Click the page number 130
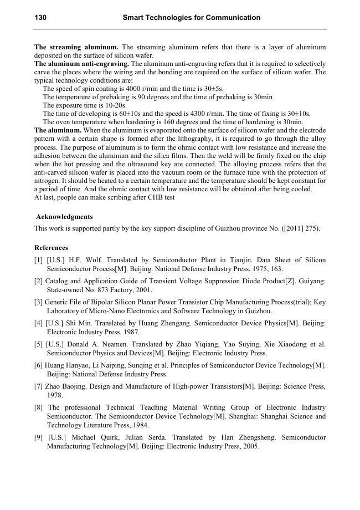40,18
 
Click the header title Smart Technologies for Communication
191,18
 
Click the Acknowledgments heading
64,217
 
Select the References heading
51,248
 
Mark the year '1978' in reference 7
55,395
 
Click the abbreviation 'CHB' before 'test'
153,197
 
